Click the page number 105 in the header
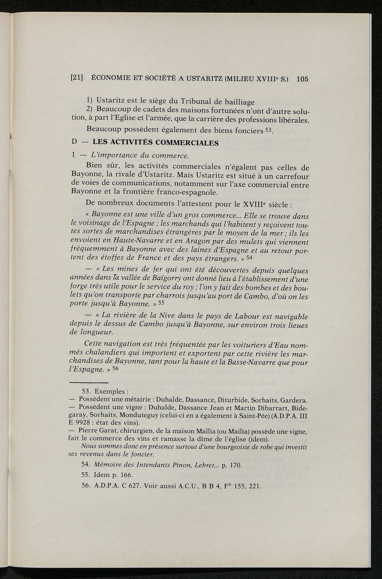click(x=303, y=79)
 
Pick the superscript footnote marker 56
click(x=115, y=368)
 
